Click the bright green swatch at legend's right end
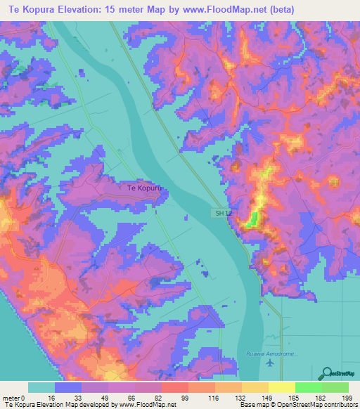[335, 387]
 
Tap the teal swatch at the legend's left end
[41, 387]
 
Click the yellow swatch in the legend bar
[281, 387]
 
